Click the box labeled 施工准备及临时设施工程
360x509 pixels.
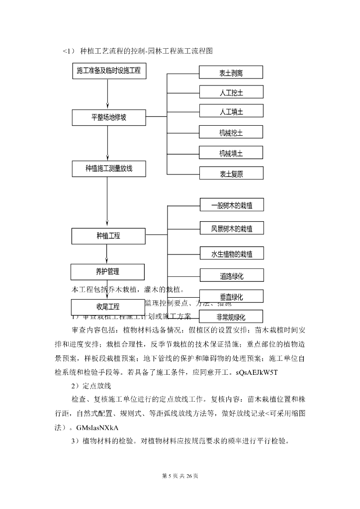click(108, 71)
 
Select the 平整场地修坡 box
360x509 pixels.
click(108, 118)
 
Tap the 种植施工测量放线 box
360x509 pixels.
click(108, 169)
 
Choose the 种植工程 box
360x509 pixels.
click(108, 236)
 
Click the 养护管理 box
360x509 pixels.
click(107, 272)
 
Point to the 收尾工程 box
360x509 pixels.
click(107, 307)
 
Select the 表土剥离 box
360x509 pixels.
click(231, 73)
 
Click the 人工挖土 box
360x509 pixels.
click(231, 92)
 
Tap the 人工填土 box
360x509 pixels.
click(231, 112)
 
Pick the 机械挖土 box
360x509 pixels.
click(231, 133)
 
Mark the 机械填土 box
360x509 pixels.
click(231, 153)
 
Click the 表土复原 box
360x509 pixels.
click(231, 173)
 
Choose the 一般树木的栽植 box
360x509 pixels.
click(232, 205)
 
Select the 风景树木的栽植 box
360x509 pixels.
click(232, 229)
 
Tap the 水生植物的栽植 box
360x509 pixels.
click(232, 254)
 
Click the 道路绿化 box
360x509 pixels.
click(232, 275)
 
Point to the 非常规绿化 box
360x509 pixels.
click(232, 316)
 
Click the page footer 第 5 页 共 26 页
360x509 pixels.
click(180, 476)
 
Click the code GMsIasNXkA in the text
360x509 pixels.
click(97, 427)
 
